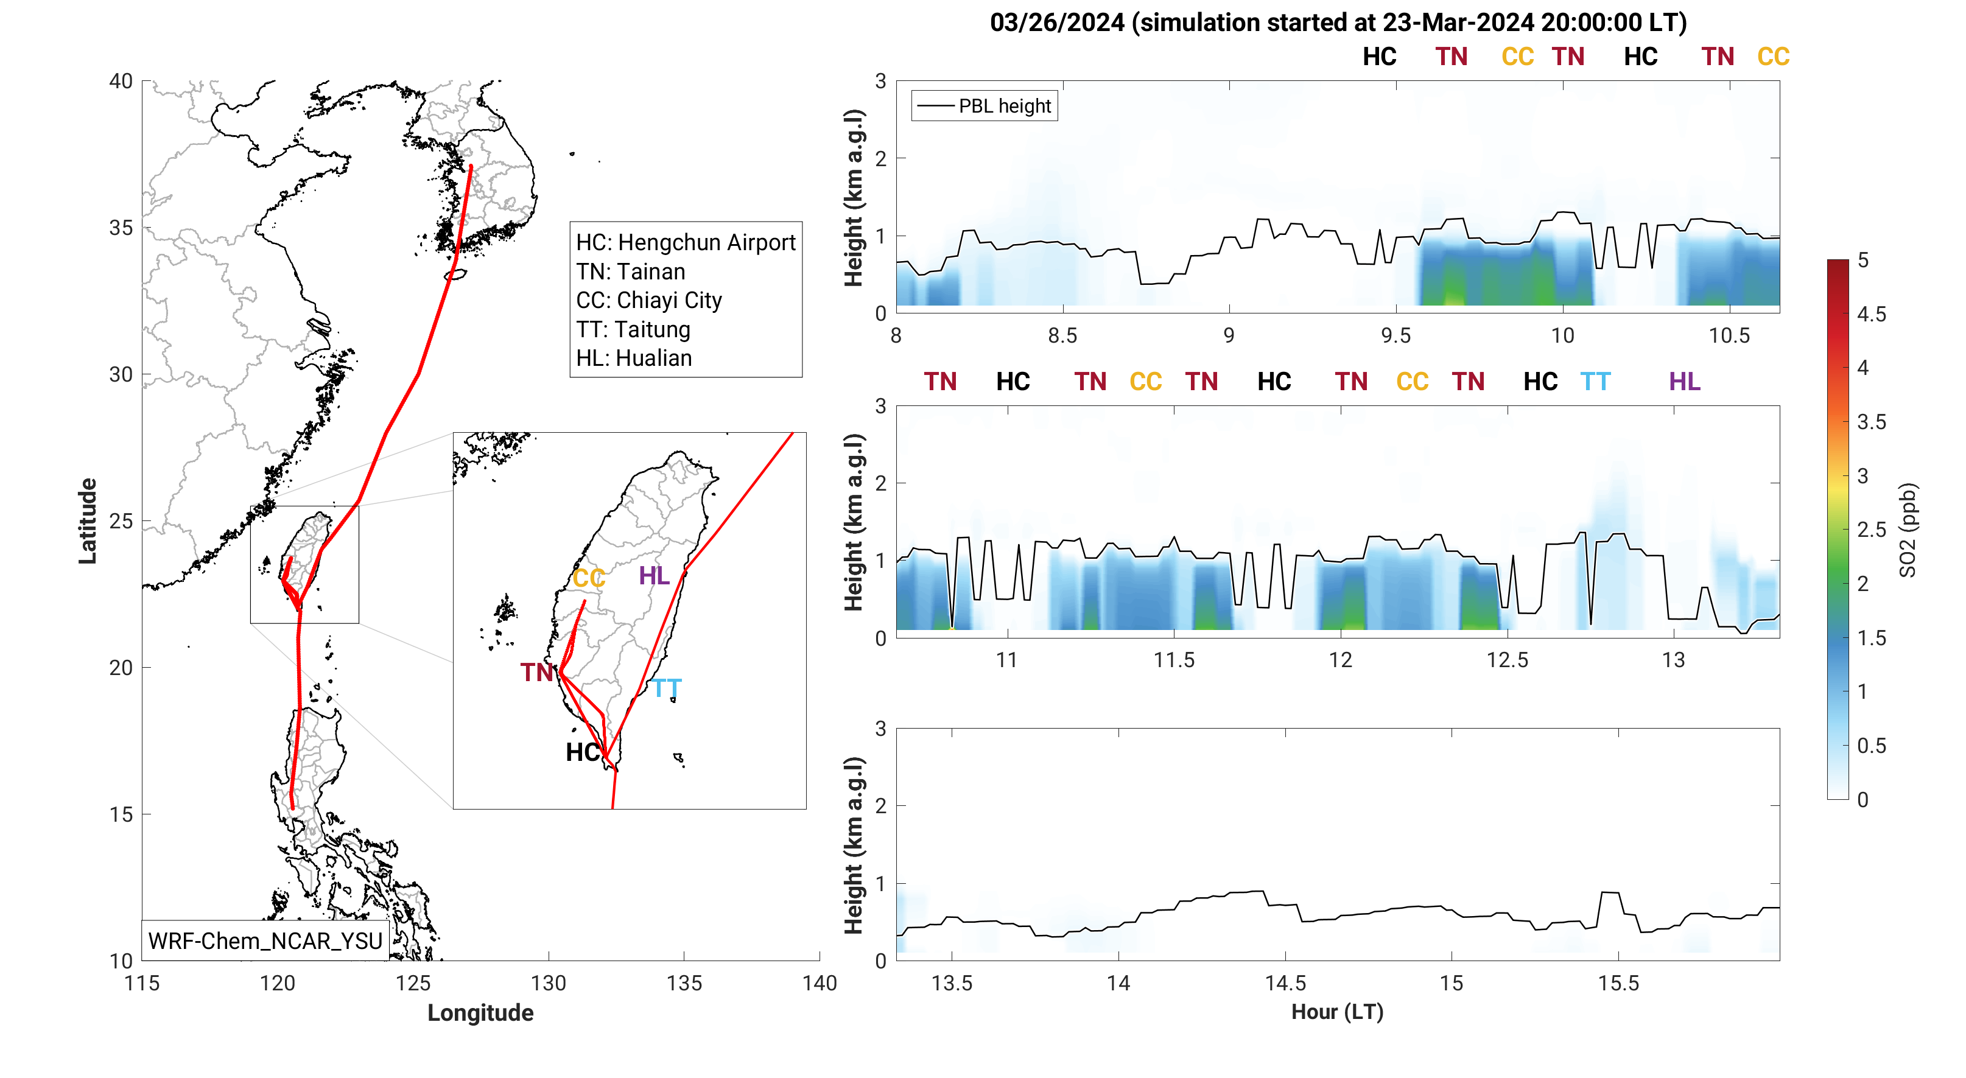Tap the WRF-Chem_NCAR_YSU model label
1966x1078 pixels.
coord(265,940)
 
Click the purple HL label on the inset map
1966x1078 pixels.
coord(654,575)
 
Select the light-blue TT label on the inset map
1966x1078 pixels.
coord(666,689)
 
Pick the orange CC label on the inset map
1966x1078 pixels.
coord(588,578)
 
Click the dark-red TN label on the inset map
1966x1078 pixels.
coord(536,672)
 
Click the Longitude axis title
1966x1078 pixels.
coord(480,1012)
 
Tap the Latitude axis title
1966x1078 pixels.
coord(88,521)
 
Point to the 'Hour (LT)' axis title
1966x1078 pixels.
coord(1337,1012)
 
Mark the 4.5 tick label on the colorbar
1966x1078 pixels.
coord(1872,314)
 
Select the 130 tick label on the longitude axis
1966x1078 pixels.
coord(548,984)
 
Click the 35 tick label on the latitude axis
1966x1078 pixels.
coord(121,228)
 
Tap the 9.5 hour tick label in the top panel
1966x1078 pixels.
coord(1396,335)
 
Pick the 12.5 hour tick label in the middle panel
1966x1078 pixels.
coord(1508,660)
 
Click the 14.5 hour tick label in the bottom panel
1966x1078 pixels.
coord(1285,984)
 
